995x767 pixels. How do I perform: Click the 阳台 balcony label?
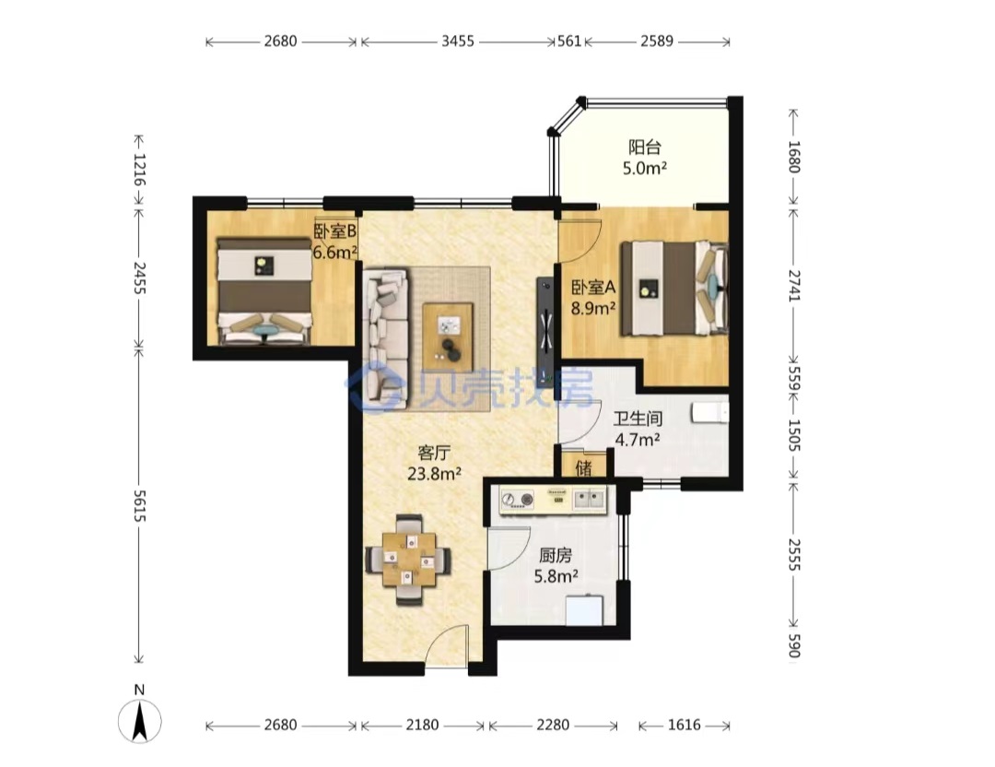click(x=645, y=147)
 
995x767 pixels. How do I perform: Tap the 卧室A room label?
click(x=594, y=288)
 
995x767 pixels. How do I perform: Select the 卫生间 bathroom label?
click(x=638, y=419)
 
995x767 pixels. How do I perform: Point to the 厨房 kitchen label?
click(x=556, y=556)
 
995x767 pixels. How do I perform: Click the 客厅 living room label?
click(x=434, y=453)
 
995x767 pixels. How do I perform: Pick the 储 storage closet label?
click(x=584, y=468)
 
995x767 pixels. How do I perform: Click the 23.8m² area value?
click(x=434, y=474)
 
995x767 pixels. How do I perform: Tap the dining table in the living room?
click(x=409, y=560)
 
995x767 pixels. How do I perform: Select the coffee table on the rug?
click(x=448, y=327)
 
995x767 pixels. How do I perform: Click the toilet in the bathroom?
click(x=710, y=412)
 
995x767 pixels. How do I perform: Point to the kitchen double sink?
click(x=591, y=499)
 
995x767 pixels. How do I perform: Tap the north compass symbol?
click(x=140, y=721)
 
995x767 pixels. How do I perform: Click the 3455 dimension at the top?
click(x=458, y=41)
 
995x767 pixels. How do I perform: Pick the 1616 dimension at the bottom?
click(x=684, y=725)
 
